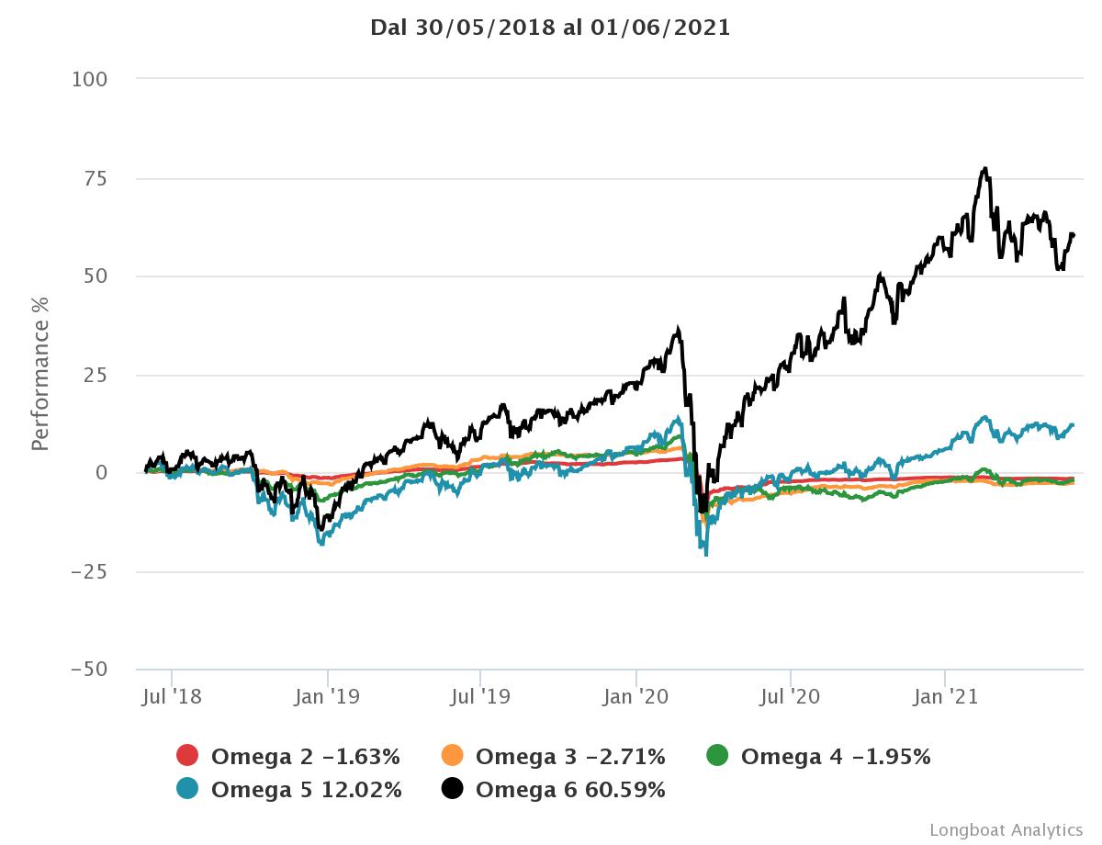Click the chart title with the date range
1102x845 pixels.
point(550,28)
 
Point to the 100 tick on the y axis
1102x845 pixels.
point(89,80)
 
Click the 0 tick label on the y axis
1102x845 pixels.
point(101,473)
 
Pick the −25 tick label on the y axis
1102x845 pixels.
point(89,571)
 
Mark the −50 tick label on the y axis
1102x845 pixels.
point(89,670)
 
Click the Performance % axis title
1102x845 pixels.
point(40,375)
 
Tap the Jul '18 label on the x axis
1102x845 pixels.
point(172,697)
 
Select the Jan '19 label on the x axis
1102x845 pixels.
point(328,697)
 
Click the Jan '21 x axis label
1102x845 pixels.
point(946,697)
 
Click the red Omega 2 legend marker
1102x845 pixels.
point(187,757)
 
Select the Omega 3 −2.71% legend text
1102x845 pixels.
point(570,757)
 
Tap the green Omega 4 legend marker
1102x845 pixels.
point(717,757)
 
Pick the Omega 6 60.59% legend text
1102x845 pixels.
point(570,789)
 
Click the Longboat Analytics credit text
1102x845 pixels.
point(1006,829)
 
